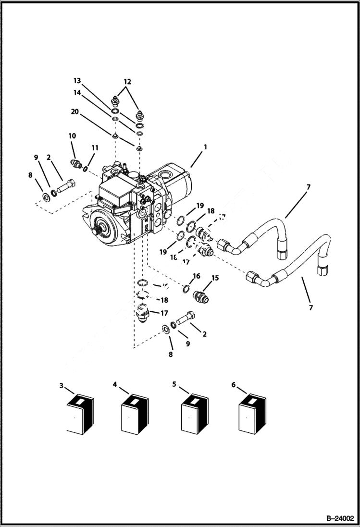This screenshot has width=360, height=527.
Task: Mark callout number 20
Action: point(74,111)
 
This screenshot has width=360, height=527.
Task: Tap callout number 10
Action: point(72,136)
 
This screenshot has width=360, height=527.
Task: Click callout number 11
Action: point(94,148)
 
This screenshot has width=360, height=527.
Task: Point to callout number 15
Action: point(214,278)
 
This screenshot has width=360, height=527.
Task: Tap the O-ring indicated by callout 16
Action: point(186,289)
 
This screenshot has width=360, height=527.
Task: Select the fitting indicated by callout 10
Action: point(76,163)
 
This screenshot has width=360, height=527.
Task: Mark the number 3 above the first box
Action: point(61,385)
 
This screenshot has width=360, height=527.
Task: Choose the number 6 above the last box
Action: point(234,385)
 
